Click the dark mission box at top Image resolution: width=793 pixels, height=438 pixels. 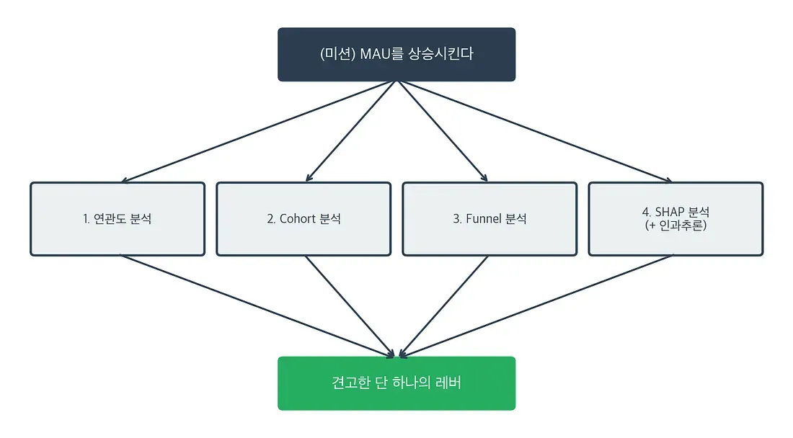[x=396, y=55]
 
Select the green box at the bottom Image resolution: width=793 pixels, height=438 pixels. [x=396, y=383]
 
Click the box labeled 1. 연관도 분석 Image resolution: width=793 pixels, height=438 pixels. [x=118, y=219]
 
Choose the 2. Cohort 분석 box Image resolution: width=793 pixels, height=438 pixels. [x=304, y=219]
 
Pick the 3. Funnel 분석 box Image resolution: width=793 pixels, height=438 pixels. [x=489, y=219]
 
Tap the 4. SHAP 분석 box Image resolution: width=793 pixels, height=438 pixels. [x=675, y=219]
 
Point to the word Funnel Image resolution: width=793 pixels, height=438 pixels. [x=484, y=219]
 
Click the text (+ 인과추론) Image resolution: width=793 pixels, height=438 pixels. [x=675, y=225]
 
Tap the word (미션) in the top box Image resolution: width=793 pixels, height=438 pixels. [x=337, y=54]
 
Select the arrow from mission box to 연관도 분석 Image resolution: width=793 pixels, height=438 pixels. [x=257, y=131]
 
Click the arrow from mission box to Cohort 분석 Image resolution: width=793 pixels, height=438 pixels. [x=350, y=131]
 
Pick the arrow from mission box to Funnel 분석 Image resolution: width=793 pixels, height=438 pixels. [x=443, y=131]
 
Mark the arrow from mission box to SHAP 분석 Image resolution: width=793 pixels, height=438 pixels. [x=536, y=131]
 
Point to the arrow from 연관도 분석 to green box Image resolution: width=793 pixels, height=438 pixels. [x=257, y=306]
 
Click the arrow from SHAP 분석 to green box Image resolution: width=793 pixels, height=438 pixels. [x=536, y=306]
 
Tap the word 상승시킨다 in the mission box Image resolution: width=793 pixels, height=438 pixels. [x=441, y=54]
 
